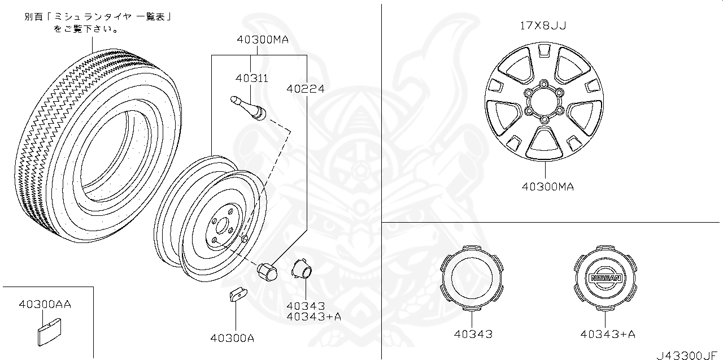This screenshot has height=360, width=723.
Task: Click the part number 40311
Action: [252, 78]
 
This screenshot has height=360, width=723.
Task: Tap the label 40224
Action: [305, 89]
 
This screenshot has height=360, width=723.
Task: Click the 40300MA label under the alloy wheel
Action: [547, 186]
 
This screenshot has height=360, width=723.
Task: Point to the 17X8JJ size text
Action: [543, 25]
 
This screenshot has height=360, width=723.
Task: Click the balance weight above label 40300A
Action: [238, 295]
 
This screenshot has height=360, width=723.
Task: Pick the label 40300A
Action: [232, 338]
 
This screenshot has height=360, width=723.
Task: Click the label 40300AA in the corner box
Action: [45, 305]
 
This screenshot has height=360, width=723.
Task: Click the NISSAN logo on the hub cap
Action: [605, 278]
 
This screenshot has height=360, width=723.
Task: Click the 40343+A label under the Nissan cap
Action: [607, 334]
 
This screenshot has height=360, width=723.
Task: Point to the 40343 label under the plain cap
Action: [473, 334]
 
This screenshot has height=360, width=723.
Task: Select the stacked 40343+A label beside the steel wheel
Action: [313, 316]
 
